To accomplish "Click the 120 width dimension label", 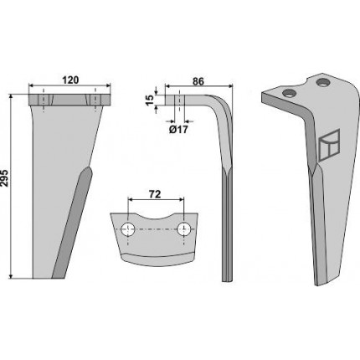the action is (70, 80).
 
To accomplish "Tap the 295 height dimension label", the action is (5, 177).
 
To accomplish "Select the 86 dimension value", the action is (198, 81).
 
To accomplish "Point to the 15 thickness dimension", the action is (150, 100).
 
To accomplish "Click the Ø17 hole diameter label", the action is (178, 130).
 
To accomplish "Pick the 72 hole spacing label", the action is (155, 194).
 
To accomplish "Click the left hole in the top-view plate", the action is (128, 229).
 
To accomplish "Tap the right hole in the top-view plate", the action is (184, 229).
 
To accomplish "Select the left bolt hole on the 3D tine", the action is (288, 93).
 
